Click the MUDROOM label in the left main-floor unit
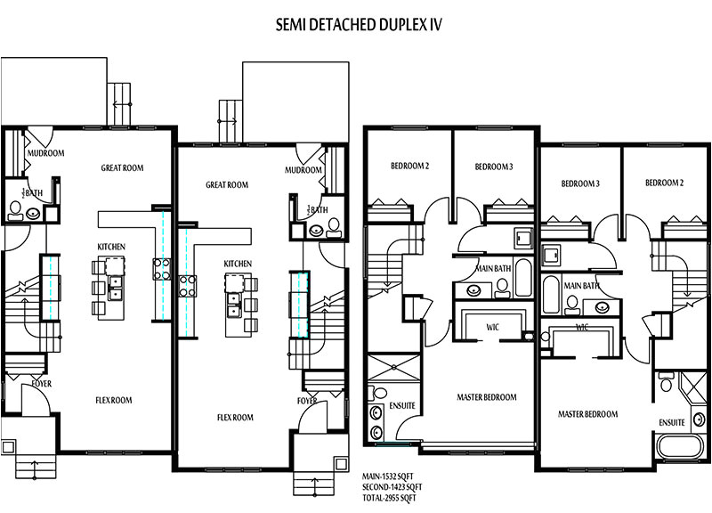click(45, 153)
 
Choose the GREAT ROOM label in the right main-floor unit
click(227, 185)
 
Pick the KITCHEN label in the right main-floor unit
click(238, 264)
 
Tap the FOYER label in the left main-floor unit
click(41, 384)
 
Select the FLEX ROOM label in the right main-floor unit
click(236, 417)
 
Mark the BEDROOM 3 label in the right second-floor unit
click(580, 183)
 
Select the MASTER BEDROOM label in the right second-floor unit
click(587, 414)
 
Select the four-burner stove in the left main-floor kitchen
click(161, 268)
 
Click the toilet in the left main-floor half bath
click(15, 210)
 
